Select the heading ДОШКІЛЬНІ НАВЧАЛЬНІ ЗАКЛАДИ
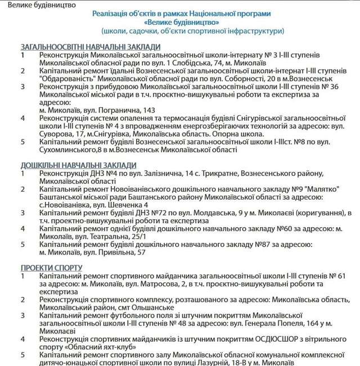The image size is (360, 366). [78, 165]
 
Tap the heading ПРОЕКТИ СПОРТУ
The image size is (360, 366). [51, 267]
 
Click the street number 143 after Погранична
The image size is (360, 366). [149, 111]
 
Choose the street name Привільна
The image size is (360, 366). [132, 252]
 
